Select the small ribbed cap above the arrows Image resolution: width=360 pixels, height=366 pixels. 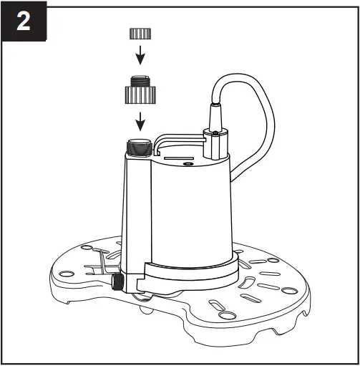(x=140, y=34)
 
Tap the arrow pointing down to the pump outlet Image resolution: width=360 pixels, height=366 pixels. (x=141, y=119)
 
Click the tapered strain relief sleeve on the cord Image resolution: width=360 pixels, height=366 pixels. (x=215, y=115)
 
